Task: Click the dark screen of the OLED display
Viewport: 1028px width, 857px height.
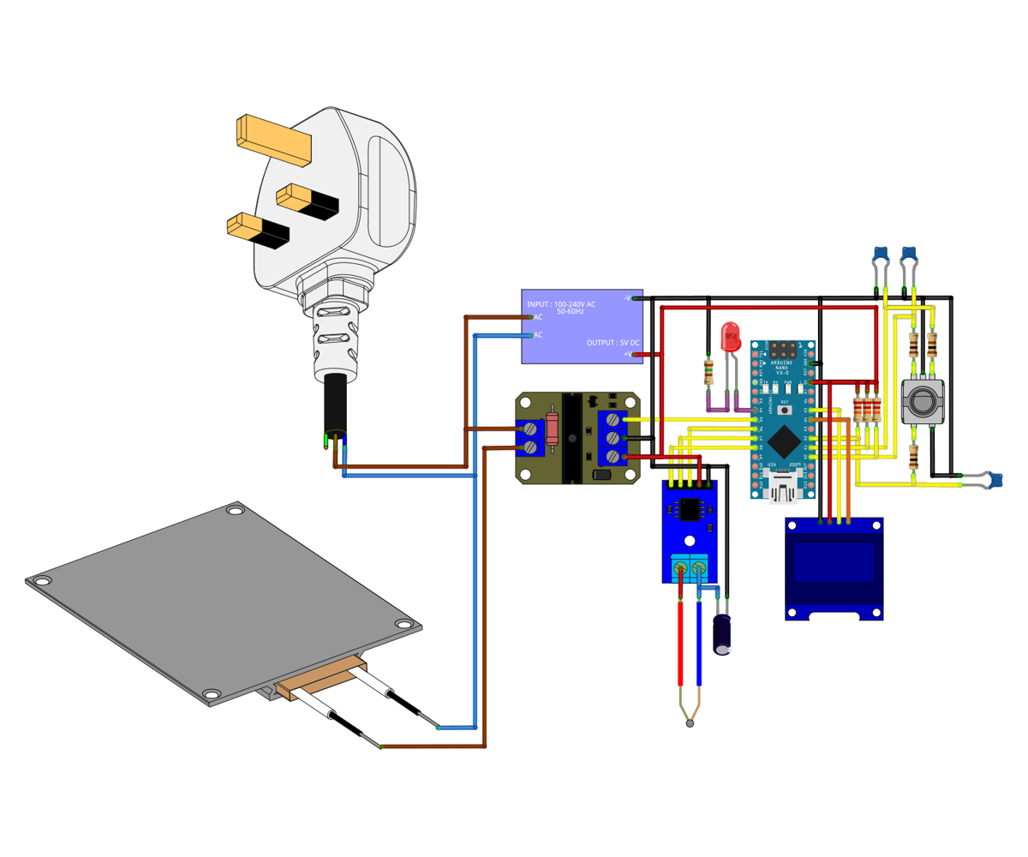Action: click(834, 563)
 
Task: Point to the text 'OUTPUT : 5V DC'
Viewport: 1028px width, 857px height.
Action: click(613, 343)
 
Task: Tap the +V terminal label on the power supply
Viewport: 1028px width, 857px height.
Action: click(627, 353)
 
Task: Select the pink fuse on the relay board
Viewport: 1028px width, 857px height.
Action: click(552, 428)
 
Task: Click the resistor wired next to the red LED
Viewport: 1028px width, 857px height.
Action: click(708, 372)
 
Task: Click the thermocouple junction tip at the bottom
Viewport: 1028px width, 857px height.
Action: click(690, 724)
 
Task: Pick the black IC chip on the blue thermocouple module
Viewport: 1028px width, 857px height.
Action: click(688, 509)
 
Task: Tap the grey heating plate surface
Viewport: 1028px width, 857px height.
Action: click(214, 591)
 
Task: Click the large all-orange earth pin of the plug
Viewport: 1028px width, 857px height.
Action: click(273, 140)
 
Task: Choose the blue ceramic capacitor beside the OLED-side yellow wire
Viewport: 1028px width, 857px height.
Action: click(993, 480)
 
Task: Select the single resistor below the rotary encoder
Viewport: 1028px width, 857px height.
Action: click(913, 458)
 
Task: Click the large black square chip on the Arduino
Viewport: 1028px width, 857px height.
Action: click(781, 441)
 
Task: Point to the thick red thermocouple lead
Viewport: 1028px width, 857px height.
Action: click(680, 643)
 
